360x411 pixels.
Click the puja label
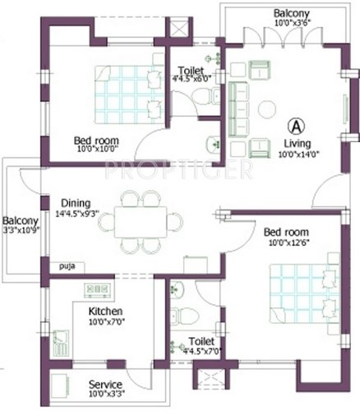[x=66, y=266]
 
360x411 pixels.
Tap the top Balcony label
[x=292, y=13]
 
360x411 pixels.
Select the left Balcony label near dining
[x=17, y=220]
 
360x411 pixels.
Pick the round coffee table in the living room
[x=269, y=109]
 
